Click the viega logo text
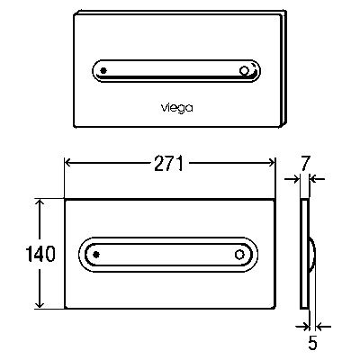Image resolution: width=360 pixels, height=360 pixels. [177, 108]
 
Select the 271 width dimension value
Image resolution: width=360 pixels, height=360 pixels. [168, 164]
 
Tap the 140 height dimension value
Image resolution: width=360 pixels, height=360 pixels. [40, 254]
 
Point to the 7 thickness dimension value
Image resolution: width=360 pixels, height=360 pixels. [305, 164]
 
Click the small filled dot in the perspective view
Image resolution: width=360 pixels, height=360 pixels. [103, 71]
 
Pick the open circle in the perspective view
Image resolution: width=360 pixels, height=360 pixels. [244, 71]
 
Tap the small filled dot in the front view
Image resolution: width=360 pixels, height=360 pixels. [96, 255]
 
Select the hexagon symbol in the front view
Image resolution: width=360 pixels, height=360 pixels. [239, 255]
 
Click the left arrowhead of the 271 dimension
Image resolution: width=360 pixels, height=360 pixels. [67, 163]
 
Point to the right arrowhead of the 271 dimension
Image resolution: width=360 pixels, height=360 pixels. [272, 163]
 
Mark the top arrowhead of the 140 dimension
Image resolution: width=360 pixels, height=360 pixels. [40, 202]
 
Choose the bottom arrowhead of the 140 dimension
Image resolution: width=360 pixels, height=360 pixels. [40, 304]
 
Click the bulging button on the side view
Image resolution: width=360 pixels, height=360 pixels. [311, 255]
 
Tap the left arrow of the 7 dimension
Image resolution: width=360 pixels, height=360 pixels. [292, 179]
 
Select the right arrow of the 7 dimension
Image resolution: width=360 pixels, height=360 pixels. [317, 179]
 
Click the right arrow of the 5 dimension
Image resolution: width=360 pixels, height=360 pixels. [324, 326]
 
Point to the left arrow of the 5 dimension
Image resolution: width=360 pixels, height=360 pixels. [302, 326]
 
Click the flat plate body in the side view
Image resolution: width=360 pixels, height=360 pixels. [304, 254]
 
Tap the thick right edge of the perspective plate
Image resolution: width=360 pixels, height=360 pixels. [283, 69]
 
